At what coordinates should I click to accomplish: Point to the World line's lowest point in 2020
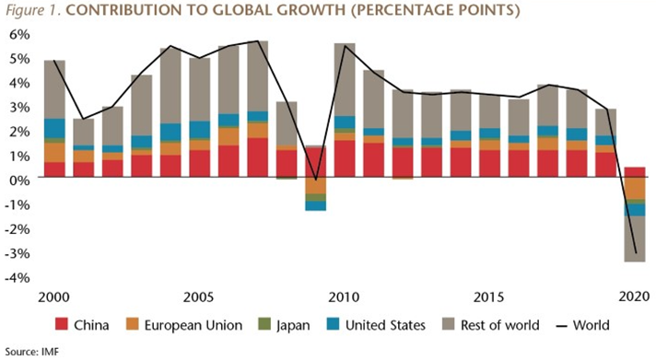(x=635, y=252)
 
